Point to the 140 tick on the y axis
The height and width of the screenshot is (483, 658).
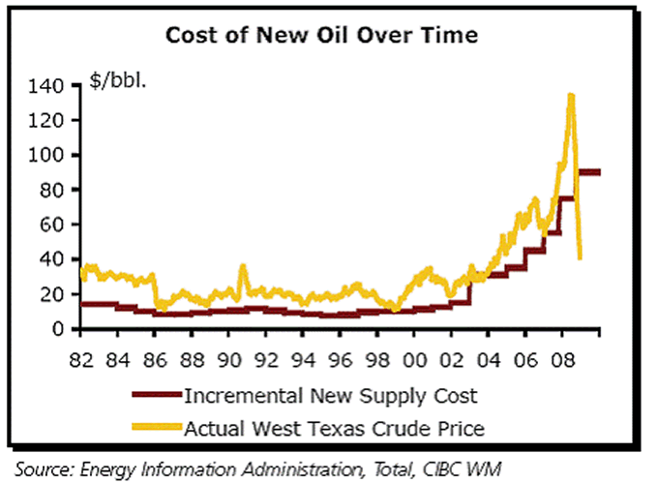pyautogui.click(x=47, y=86)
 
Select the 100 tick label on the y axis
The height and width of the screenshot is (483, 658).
pyautogui.click(x=47, y=155)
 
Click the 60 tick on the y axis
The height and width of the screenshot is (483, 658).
pyautogui.click(x=52, y=225)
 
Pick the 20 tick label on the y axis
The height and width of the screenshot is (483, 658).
pyautogui.click(x=52, y=294)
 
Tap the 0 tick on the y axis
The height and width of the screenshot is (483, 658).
pyautogui.click(x=58, y=329)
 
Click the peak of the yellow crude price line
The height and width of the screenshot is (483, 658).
pyautogui.click(x=571, y=95)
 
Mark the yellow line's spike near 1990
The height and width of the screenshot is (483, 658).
pyautogui.click(x=242, y=265)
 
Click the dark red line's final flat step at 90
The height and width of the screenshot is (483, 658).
pyautogui.click(x=588, y=172)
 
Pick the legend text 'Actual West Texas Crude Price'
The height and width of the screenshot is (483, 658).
pyautogui.click(x=333, y=426)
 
